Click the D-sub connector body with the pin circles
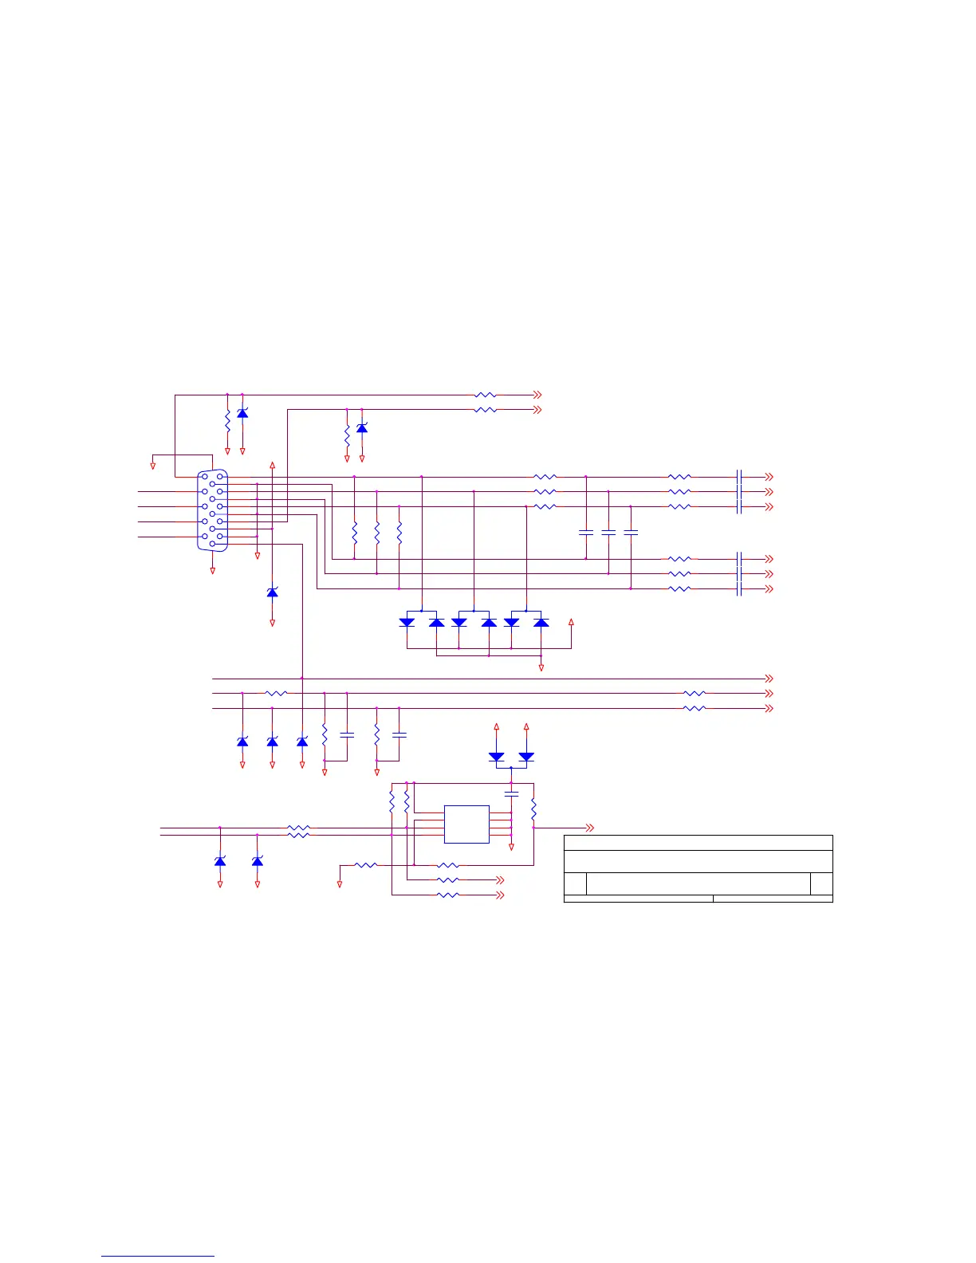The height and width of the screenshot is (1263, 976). click(212, 510)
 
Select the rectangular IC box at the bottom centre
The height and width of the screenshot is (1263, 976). click(466, 824)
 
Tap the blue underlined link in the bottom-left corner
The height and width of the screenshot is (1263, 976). click(158, 1256)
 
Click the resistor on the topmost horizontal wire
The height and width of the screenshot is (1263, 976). click(485, 395)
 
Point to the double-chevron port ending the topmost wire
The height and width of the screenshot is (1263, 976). click(537, 395)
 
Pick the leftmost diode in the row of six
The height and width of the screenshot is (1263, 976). click(407, 622)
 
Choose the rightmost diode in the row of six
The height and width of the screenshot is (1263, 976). click(541, 622)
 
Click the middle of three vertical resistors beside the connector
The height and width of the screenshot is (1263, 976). click(376, 533)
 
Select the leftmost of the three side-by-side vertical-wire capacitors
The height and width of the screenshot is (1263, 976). click(586, 532)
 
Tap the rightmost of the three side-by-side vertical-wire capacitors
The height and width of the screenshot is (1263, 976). click(631, 532)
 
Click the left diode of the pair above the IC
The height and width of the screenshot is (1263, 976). click(496, 756)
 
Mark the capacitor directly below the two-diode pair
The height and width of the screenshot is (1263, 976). click(511, 793)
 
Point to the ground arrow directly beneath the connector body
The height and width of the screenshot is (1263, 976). click(212, 570)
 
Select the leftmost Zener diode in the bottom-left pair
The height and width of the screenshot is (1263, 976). click(220, 861)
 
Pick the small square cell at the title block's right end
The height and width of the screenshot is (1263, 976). click(821, 883)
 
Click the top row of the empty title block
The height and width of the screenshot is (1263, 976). click(698, 843)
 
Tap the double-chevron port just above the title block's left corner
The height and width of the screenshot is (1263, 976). click(590, 828)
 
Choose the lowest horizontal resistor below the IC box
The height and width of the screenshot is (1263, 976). click(448, 895)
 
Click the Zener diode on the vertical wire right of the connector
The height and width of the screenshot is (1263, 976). click(272, 592)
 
